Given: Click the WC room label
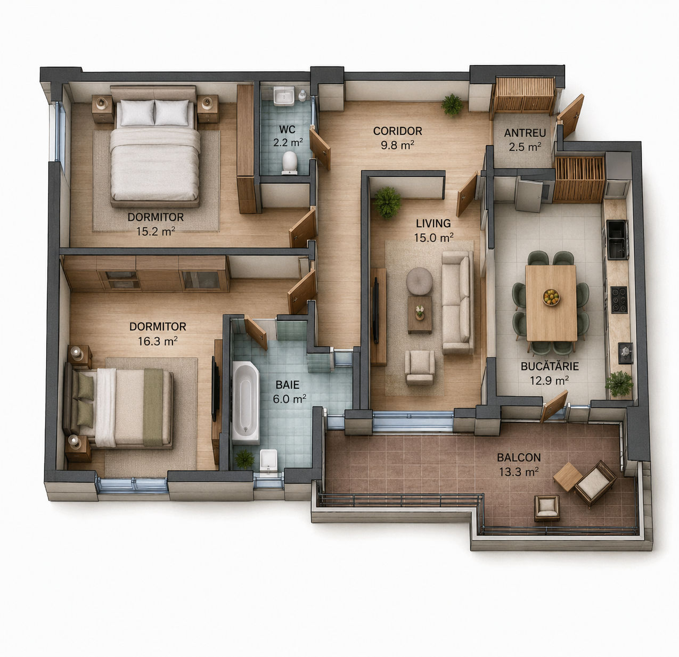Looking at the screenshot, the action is pos(287,129).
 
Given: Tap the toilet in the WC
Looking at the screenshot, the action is pos(290,162).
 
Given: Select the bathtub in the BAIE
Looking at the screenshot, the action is pos(246,403).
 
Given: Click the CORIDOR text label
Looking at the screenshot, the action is pos(397,131).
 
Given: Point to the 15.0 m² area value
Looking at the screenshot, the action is pos(433,237).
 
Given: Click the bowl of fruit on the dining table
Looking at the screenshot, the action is pos(551,297).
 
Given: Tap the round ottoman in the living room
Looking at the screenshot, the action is pos(420,281).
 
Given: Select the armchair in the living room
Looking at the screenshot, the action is pos(420,367).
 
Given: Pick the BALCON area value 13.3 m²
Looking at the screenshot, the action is pos(519,472).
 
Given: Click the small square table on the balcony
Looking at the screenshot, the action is pos(567,477).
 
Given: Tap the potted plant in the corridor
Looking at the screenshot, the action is pos(452,104).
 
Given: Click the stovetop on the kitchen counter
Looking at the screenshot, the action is pos(619,300).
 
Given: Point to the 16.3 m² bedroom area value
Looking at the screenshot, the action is pos(158,341).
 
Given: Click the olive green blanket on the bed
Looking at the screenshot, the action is pos(153,407).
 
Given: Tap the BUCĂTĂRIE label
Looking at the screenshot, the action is pos(550,366).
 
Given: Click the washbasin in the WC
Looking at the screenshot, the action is pos(284,96).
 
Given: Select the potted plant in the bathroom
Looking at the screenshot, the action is pos(244,459).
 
